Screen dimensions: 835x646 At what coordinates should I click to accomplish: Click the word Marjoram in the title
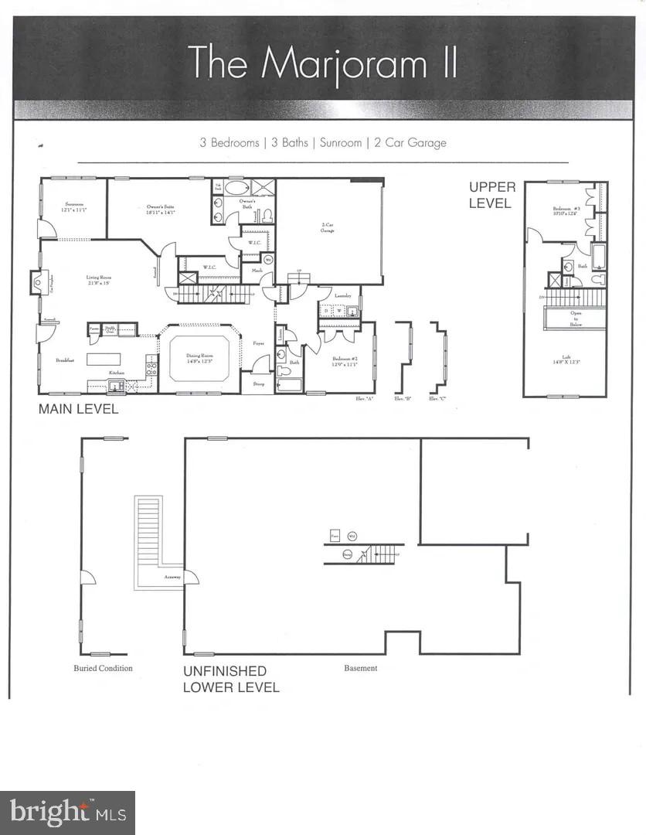click(x=344, y=63)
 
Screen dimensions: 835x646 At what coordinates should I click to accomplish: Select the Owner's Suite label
click(x=161, y=207)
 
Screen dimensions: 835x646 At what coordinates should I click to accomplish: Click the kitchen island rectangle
click(x=104, y=359)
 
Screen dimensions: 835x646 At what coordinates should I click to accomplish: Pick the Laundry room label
click(x=342, y=295)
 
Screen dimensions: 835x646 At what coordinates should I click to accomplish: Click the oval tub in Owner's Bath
click(x=236, y=187)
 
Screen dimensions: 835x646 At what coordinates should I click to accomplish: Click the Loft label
click(x=566, y=358)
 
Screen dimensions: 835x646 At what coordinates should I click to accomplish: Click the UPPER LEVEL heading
click(x=492, y=196)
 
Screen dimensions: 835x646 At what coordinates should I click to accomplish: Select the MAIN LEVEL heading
click(x=79, y=409)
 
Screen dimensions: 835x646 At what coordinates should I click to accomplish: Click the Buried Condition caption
click(x=103, y=668)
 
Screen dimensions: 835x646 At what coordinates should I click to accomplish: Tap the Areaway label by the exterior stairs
click(x=172, y=577)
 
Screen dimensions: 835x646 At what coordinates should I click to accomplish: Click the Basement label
click(x=361, y=668)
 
